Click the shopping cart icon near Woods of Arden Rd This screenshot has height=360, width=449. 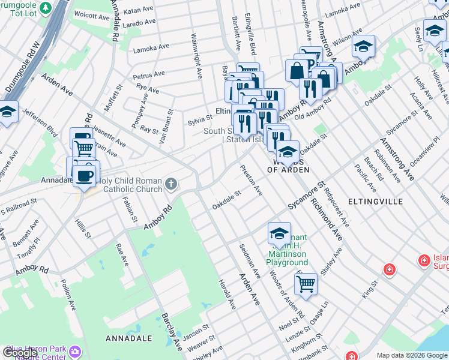tap(306, 283)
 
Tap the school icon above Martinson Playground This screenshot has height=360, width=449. tap(279, 233)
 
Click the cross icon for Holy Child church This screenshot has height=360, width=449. tap(171, 184)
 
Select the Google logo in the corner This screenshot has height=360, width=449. tap(19, 353)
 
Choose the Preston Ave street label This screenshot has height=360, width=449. tap(252, 180)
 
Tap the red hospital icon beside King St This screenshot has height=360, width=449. tap(390, 269)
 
